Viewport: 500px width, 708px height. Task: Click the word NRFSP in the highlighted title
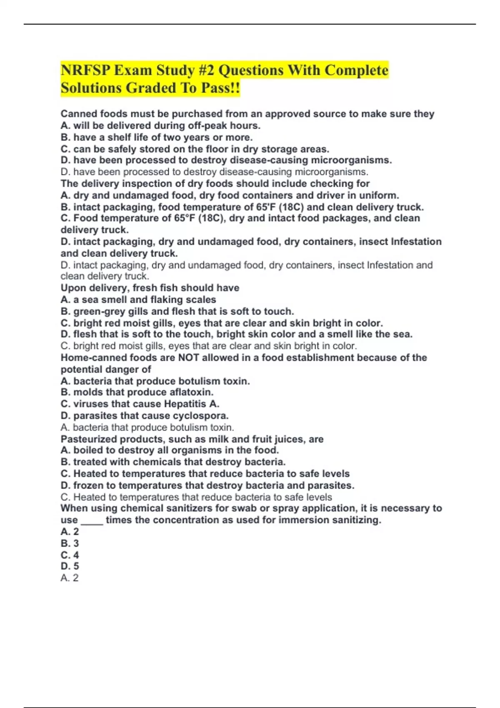pos(85,70)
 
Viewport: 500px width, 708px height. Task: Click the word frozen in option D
pos(89,485)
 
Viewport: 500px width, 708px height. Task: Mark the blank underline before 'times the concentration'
pos(92,521)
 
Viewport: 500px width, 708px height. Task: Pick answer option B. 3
pos(70,543)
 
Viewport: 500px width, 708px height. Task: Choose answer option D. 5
pos(70,566)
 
